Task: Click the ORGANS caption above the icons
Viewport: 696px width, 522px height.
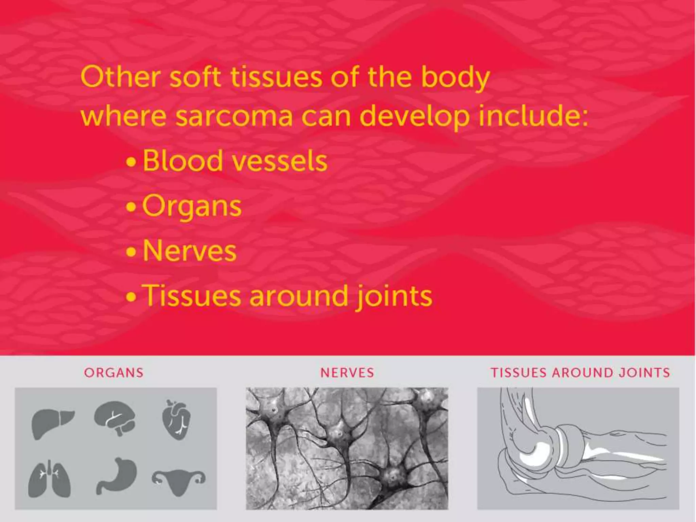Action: pos(114,373)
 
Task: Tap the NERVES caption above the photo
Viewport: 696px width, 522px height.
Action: pos(347,373)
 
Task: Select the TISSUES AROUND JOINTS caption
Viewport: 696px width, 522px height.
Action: pos(580,373)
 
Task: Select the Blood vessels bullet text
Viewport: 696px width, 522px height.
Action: pos(235,161)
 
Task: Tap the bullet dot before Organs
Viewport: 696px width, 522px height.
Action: pos(130,207)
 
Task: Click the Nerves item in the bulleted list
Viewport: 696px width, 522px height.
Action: pos(189,251)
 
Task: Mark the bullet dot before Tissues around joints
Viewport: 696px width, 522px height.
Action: pos(130,297)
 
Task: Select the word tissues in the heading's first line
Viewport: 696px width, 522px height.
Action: pos(276,77)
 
